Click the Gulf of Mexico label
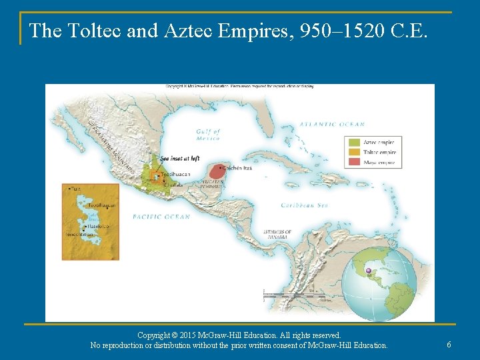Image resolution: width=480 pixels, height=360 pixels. (x=208, y=135)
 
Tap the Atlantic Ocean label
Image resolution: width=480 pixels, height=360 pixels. (x=332, y=125)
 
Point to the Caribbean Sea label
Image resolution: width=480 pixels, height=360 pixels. (x=305, y=205)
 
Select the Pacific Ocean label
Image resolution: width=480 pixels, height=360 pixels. (x=161, y=217)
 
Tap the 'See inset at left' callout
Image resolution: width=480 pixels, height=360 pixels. (x=180, y=159)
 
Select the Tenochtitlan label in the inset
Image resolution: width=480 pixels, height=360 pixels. (x=81, y=235)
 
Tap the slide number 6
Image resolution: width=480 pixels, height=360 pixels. (x=449, y=344)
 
